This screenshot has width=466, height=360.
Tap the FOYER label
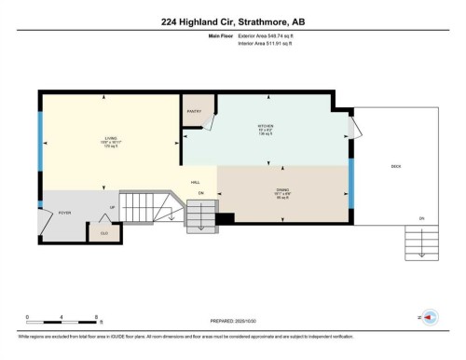(x=65, y=213)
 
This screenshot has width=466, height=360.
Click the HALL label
(x=196, y=183)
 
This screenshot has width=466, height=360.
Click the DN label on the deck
(x=421, y=218)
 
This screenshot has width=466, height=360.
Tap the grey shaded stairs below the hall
(x=199, y=215)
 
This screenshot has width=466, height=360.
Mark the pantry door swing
(x=211, y=122)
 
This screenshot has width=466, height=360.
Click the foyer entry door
(x=44, y=220)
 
